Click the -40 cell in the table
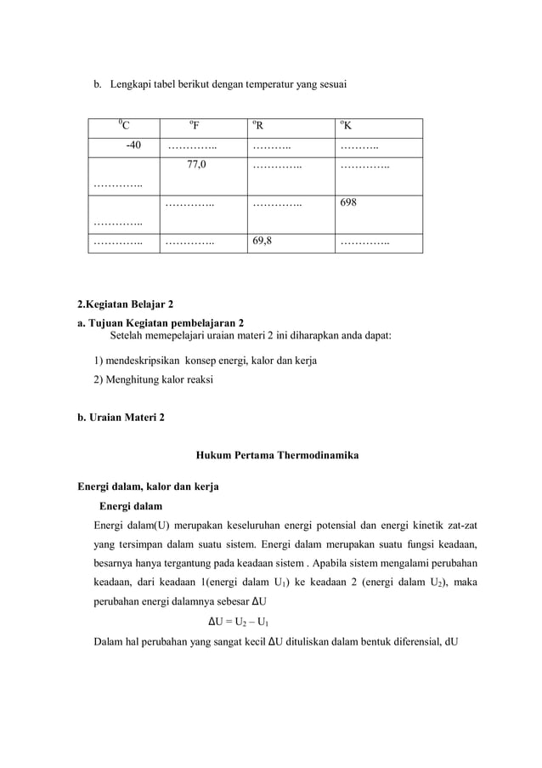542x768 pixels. (133, 146)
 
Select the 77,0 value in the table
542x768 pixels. (196, 165)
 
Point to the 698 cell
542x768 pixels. (348, 203)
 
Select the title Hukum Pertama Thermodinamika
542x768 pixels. (277, 455)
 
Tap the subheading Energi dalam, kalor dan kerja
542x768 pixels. (148, 487)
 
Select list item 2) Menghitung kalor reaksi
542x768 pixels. (153, 379)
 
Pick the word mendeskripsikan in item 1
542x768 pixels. (144, 361)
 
